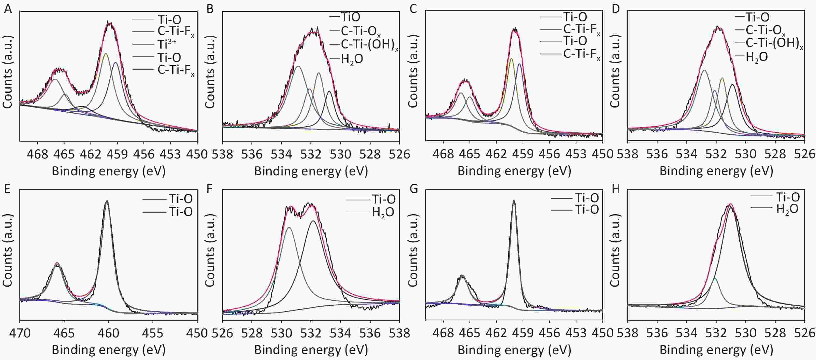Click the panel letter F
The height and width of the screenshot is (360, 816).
pyautogui.click(x=210, y=189)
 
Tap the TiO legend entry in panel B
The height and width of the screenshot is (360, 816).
pyautogui.click(x=350, y=17)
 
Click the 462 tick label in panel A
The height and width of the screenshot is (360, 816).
pyautogui.click(x=91, y=154)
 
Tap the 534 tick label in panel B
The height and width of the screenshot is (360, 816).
pyautogui.click(x=281, y=154)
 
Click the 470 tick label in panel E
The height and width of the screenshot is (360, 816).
pyautogui.click(x=20, y=333)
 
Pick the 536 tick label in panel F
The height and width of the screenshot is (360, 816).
pyautogui.click(x=370, y=333)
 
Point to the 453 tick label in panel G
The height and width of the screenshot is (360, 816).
pyautogui.click(x=576, y=333)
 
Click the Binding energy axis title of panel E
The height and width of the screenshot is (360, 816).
pyautogui.click(x=109, y=350)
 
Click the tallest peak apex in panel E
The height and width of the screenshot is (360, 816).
pyautogui.click(x=107, y=201)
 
